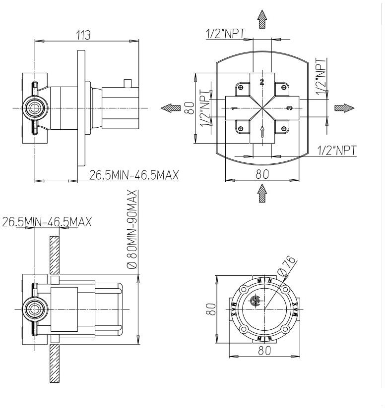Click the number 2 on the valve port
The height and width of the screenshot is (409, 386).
click(262, 81)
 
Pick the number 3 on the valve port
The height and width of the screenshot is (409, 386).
click(290, 107)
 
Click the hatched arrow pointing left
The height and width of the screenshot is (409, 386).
click(170, 108)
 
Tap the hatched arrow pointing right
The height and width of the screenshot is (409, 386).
click(344, 107)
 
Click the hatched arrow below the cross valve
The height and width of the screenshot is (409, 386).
click(262, 194)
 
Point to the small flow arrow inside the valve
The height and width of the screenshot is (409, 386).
click(262, 131)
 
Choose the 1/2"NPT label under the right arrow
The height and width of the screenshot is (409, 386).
click(337, 150)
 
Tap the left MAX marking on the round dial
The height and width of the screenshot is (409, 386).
click(233, 309)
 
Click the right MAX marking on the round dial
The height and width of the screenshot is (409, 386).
click(296, 309)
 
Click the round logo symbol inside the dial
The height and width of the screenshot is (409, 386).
click(256, 302)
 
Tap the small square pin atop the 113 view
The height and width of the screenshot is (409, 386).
click(128, 82)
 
